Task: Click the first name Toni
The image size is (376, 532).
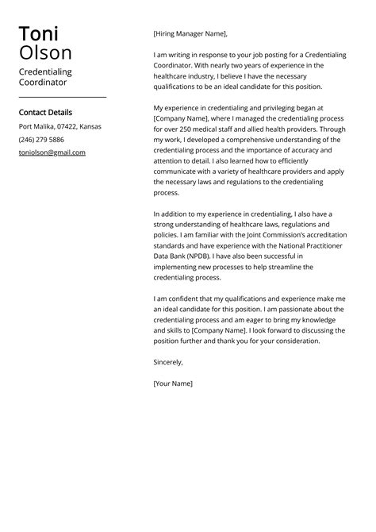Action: tap(39, 34)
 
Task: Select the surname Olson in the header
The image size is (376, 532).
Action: tap(45, 53)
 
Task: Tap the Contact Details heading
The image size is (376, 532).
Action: tap(45, 113)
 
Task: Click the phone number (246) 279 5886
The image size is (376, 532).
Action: tap(41, 139)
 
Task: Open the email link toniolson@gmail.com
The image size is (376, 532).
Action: tap(52, 152)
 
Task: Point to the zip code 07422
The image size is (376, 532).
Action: tap(65, 126)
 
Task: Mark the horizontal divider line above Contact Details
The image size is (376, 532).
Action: tap(63, 97)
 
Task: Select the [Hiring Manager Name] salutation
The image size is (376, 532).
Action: tap(190, 34)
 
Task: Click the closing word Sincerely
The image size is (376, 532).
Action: tap(167, 362)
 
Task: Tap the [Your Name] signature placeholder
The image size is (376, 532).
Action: tap(172, 384)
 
